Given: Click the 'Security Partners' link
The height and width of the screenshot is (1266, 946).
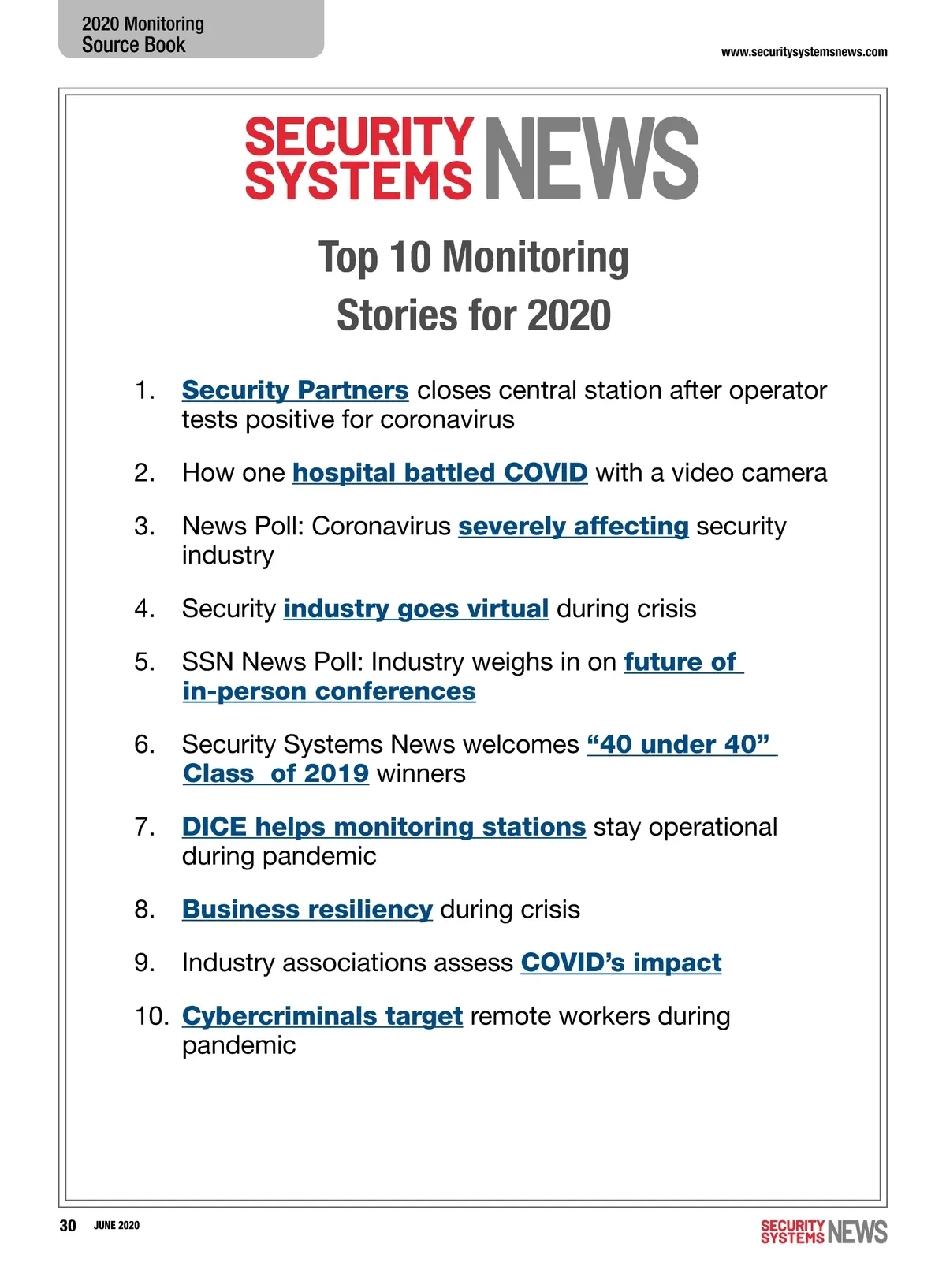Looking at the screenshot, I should pos(295,390).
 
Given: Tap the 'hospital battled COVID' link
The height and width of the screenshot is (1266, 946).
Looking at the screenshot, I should pos(440,473).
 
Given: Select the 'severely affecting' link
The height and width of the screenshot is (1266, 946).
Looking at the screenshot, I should pos(573,526).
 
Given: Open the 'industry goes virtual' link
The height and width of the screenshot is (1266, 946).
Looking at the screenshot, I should pos(415,609).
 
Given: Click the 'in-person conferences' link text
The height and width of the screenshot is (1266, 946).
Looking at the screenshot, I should pos(329,691).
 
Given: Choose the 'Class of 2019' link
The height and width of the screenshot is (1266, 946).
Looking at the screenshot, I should pos(276,773).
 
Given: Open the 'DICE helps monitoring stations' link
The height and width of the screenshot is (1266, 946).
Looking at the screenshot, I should pos(383,827).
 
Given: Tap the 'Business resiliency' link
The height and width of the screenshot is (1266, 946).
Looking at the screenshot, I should pos(307,910).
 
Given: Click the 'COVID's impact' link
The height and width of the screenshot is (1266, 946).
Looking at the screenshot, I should pos(620,963).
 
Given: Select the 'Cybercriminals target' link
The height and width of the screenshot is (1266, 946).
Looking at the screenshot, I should pos(322,1016).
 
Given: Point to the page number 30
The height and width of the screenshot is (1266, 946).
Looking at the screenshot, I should pos(68,1225).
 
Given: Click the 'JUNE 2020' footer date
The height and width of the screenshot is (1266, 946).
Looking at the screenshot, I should pos(117,1225).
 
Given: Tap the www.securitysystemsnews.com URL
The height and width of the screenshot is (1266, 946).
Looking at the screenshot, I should pos(803,52).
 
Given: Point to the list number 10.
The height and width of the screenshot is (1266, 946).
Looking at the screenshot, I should pos(151,1016).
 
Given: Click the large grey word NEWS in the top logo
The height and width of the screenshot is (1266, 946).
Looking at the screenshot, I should pos(591,158).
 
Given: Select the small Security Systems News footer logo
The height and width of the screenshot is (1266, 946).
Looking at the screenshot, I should pos(823,1231).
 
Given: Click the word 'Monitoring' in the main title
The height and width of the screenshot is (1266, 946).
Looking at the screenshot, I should pos(534,258).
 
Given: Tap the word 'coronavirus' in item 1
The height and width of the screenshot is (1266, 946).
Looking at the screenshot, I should pos(447,419).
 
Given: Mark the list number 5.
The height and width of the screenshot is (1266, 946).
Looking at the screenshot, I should pos(144,662).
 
